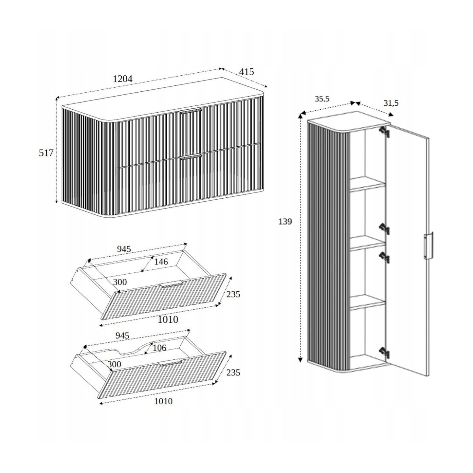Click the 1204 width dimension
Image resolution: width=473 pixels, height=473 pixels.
click(122, 79)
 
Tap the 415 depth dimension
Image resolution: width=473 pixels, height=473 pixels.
click(246, 72)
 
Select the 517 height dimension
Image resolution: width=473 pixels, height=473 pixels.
click(46, 153)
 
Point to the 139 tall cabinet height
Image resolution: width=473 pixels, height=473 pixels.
click(285, 222)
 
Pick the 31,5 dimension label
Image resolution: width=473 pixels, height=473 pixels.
click(391, 103)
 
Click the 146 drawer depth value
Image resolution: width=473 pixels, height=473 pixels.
click(161, 262)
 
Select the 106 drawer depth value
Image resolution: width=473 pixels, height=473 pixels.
click(159, 348)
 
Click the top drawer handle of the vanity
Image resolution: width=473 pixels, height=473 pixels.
click(190, 111)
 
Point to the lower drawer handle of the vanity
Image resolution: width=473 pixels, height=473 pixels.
click(191, 158)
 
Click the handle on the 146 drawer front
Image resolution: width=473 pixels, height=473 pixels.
click(172, 284)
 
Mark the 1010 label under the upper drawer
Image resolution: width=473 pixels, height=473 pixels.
click(168, 319)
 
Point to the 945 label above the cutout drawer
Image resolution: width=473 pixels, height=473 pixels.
click(122, 336)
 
